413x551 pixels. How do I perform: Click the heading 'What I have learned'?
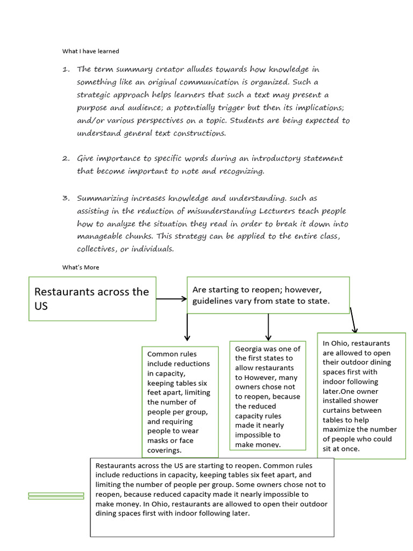click(90, 51)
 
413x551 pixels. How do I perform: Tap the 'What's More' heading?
click(81, 267)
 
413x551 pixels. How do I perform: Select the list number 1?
click(66, 69)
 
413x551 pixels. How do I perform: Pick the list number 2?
click(66, 158)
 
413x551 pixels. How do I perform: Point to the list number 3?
click(66, 198)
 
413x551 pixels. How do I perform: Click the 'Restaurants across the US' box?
click(92, 299)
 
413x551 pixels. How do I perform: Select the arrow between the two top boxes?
click(171, 299)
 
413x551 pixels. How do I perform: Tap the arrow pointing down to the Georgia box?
click(268, 327)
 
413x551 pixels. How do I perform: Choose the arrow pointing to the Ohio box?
click(353, 321)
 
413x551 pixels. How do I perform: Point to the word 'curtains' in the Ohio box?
click(337, 411)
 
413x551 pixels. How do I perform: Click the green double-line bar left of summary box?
click(56, 496)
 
